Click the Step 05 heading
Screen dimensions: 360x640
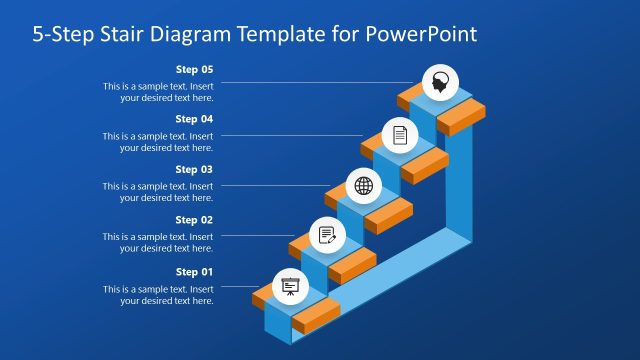point(194,70)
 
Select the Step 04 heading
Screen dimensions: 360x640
point(194,119)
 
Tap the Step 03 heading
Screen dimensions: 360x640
point(194,169)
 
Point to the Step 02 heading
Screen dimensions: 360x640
point(194,220)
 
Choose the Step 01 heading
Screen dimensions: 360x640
point(194,272)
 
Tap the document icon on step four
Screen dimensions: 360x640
point(400,135)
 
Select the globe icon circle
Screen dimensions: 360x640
point(363,186)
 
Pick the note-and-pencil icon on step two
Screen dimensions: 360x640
point(326,235)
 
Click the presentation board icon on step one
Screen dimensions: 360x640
point(290,286)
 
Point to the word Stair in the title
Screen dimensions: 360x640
point(111,34)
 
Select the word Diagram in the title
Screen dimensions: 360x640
point(189,34)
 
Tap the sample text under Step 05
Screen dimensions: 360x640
point(158,92)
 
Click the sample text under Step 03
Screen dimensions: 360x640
point(158,192)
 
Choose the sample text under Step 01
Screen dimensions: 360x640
point(158,295)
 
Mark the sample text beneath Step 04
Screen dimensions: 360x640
point(158,142)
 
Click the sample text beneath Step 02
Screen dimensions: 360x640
point(158,243)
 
